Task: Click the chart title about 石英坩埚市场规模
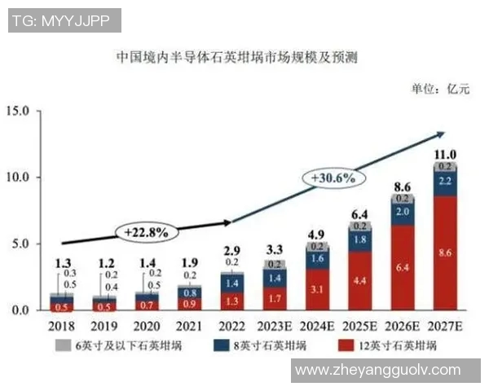(236, 59)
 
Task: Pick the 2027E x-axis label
(444, 327)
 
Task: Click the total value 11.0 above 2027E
(444, 154)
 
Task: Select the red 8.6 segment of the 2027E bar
(444, 253)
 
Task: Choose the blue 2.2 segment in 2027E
(444, 181)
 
